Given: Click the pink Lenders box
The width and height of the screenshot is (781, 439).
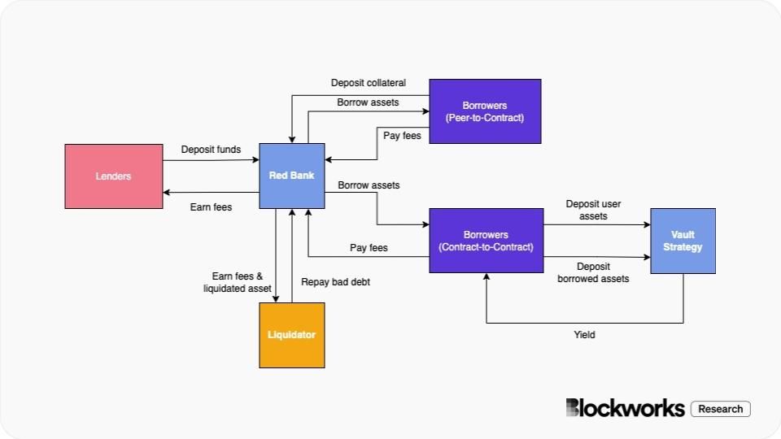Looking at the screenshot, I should [113, 176].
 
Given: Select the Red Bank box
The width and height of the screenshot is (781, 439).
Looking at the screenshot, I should [291, 175].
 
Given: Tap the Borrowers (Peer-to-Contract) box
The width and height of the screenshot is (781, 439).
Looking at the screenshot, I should [485, 111].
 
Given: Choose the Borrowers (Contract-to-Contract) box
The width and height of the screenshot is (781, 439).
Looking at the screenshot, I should [485, 241].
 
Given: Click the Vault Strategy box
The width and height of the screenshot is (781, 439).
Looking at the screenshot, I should [683, 241].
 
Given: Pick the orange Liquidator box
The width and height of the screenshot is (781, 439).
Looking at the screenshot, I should [291, 335].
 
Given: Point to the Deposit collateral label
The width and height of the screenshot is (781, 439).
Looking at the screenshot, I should [368, 83].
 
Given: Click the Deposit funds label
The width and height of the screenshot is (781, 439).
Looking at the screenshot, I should [211, 150].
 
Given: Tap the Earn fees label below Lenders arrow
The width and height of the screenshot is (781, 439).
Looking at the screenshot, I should [211, 207].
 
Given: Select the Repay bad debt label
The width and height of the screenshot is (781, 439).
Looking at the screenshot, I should [336, 282].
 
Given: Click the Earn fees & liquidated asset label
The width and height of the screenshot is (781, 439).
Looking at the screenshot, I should [237, 282].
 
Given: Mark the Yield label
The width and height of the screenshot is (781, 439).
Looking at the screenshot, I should [583, 334].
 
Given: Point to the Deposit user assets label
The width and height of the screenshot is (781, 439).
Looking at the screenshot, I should [593, 211].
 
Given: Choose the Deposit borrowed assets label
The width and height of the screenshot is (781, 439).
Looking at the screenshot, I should [593, 272].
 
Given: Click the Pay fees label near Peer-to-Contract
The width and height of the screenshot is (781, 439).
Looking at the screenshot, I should [402, 136].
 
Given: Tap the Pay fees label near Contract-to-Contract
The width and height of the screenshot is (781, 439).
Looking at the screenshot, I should [369, 247].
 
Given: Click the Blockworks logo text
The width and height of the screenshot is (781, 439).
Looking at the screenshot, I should [625, 408].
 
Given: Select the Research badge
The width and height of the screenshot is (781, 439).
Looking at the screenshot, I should [720, 409].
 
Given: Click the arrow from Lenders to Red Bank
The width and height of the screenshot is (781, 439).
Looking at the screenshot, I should [211, 160].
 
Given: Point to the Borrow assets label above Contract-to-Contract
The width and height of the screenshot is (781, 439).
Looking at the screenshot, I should [369, 185].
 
